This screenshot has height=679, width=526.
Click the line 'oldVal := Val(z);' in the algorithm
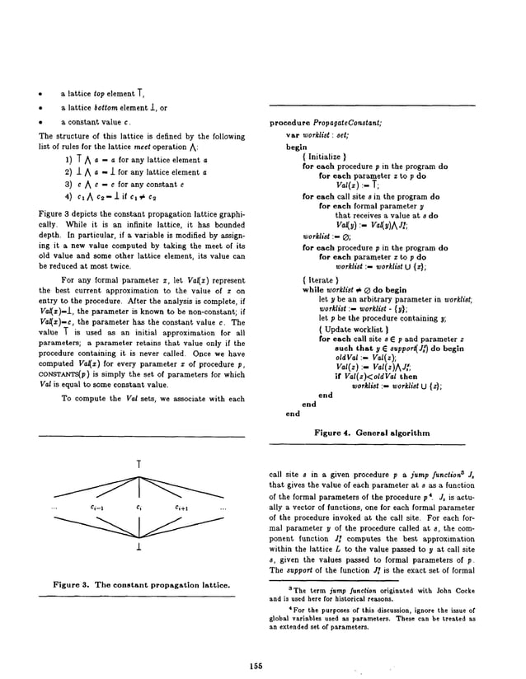pyautogui.click(x=359, y=356)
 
